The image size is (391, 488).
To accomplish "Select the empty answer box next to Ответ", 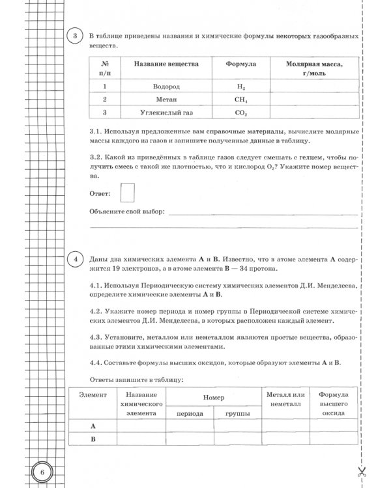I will tap(128, 193).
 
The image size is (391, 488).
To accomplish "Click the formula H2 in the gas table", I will tap(240, 86).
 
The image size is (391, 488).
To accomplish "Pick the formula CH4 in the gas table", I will tap(240, 100).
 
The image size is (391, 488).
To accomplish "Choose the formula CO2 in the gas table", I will tap(240, 113).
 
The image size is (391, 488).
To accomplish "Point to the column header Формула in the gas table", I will tap(240, 65).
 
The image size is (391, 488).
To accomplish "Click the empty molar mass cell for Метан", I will tap(314, 100).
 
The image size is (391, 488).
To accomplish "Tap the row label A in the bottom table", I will tap(93, 426).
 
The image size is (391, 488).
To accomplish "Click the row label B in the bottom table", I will tap(93, 439).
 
